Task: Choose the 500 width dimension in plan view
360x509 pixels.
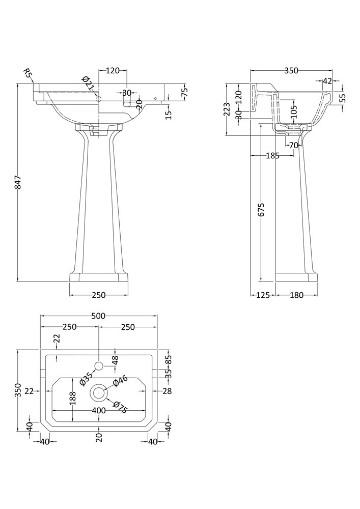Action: [x=98, y=316]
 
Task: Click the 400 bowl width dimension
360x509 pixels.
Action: [x=98, y=411]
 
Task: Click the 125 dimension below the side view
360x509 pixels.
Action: [x=263, y=295]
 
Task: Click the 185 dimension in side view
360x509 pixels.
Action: [x=272, y=156]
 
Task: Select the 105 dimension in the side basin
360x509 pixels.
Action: [x=292, y=111]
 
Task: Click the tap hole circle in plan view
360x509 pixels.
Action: [x=99, y=365]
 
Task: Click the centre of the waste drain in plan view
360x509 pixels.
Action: [x=99, y=393]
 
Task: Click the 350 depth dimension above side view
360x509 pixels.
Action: [x=291, y=71]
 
